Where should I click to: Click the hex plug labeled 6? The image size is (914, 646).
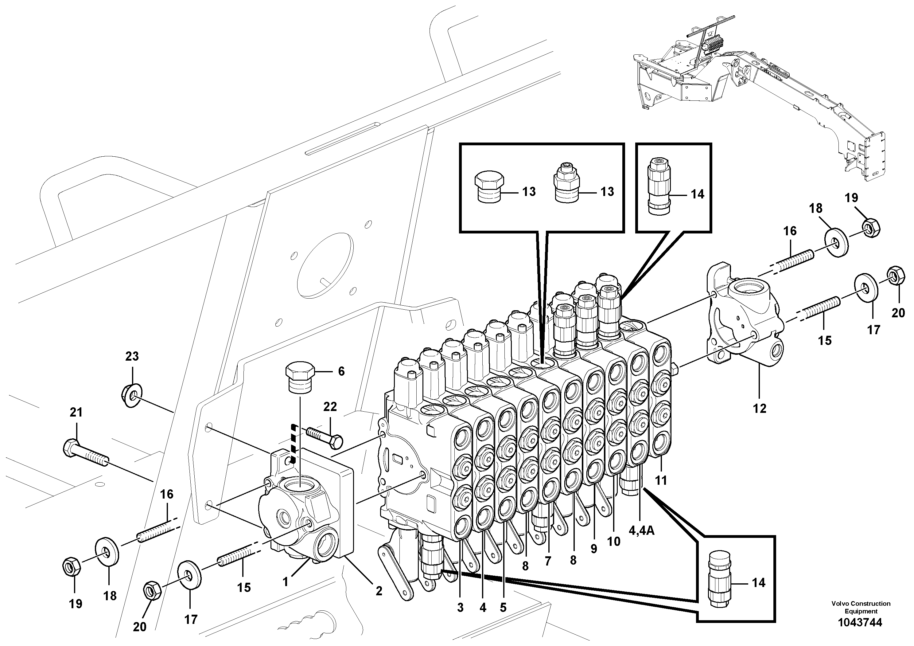300,377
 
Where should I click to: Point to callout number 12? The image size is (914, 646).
759,408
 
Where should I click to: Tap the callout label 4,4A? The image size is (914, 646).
642,531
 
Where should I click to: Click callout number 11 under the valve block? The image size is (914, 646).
661,481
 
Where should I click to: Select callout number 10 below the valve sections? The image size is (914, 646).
613,541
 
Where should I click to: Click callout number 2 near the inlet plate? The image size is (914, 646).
379,591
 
